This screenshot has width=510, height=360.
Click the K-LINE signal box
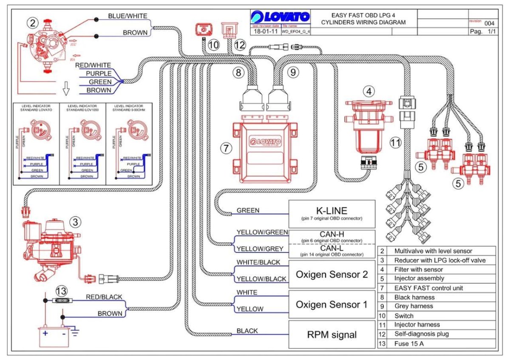[x=332, y=213]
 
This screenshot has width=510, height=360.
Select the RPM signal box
[x=332, y=334]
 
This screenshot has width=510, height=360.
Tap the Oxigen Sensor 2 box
[x=332, y=274]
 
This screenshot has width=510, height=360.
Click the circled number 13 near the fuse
[x=61, y=291]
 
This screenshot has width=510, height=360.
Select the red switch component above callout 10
[x=204, y=30]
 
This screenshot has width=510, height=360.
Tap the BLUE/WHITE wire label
[x=127, y=16]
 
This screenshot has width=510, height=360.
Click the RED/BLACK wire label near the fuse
[x=104, y=297]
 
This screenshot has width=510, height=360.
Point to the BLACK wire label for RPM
[x=247, y=331]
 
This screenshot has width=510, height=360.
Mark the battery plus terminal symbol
[x=45, y=334]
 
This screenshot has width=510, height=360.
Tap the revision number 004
[x=489, y=23]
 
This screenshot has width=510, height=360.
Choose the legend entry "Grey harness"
[x=414, y=306]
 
